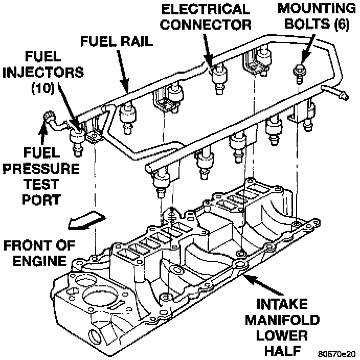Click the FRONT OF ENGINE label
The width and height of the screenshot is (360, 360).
point(34,253)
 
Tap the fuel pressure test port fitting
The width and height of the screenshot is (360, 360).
point(50,118)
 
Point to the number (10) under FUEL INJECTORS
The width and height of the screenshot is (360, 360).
point(43,88)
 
